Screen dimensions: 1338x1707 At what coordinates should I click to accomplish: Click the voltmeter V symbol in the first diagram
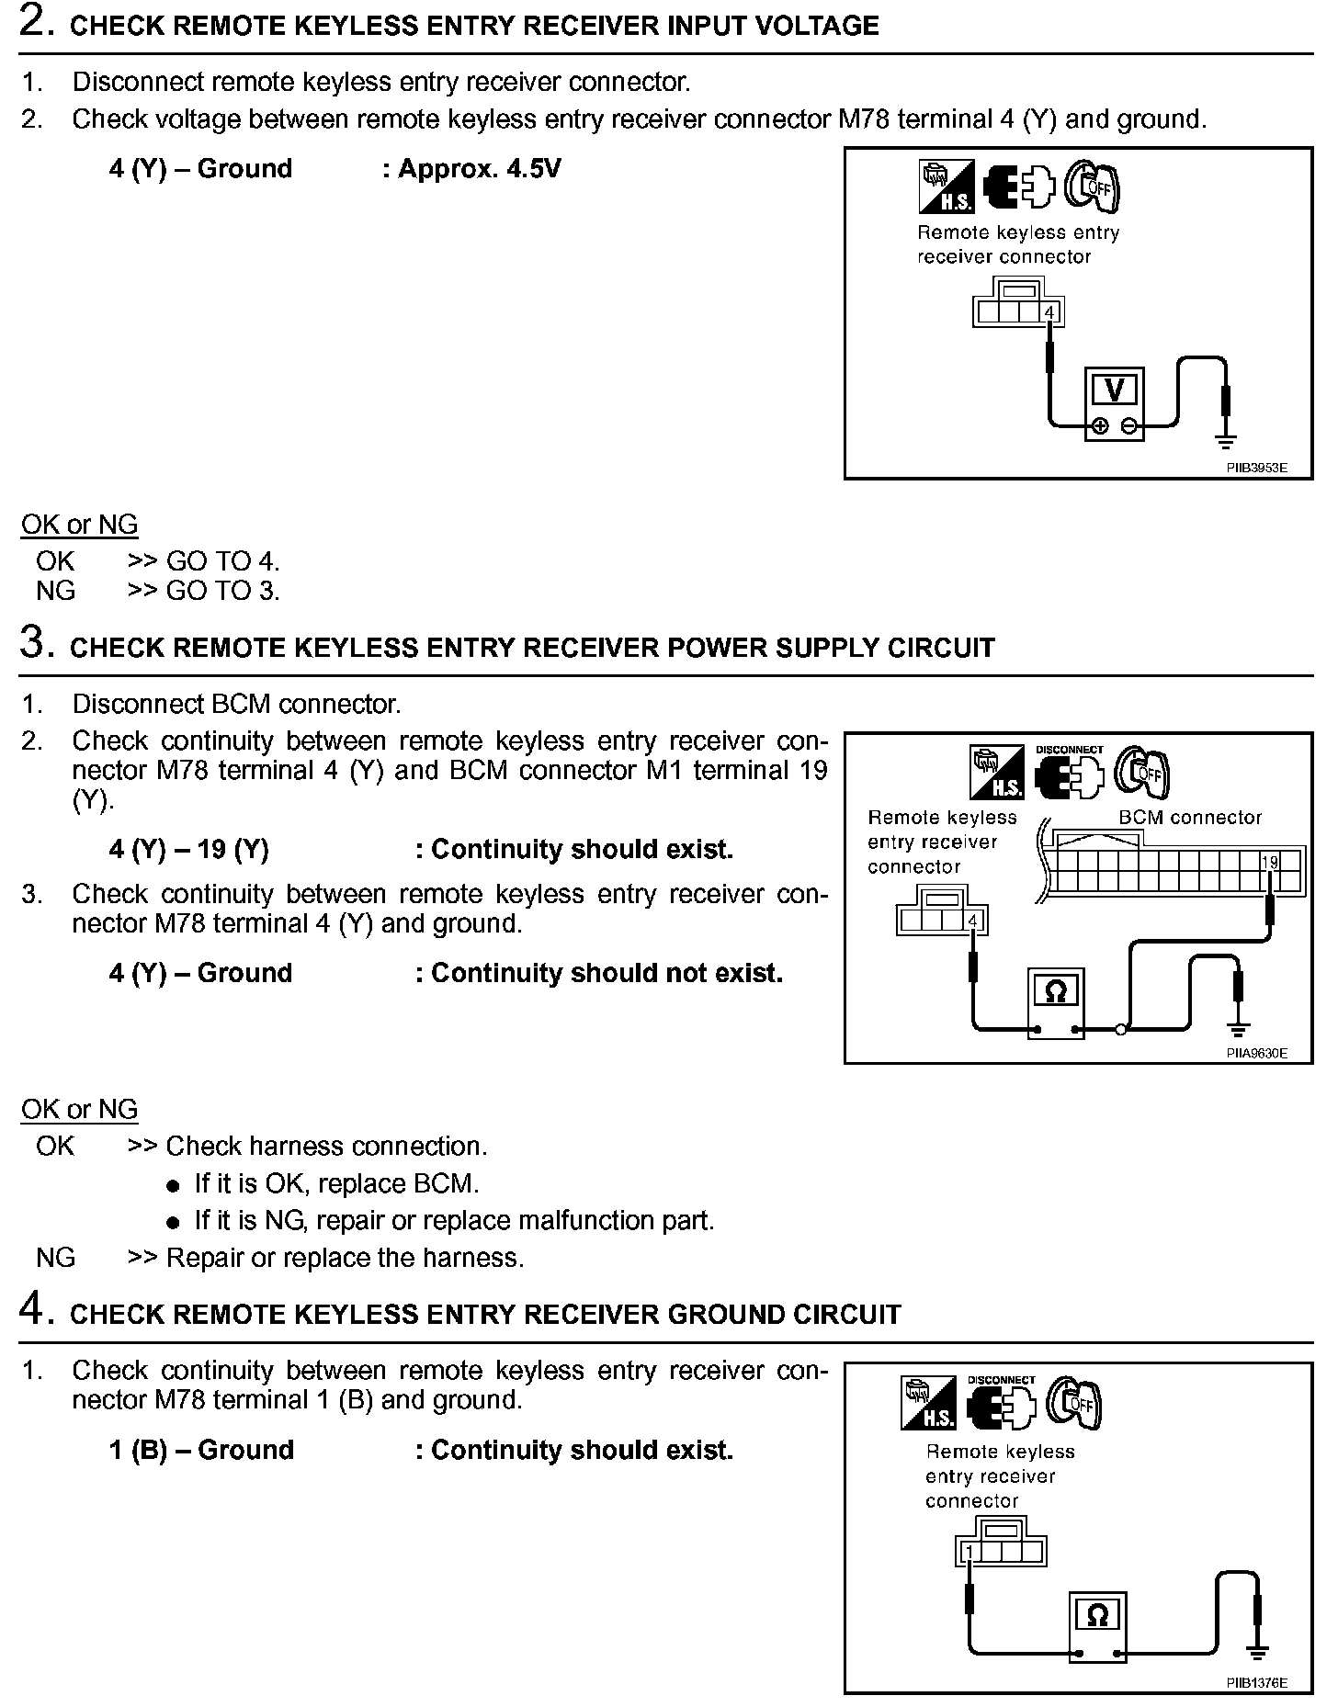point(1114,391)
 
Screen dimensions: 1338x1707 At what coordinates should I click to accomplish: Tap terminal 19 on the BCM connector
point(1269,862)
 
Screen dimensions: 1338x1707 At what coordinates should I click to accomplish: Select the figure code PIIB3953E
point(1256,468)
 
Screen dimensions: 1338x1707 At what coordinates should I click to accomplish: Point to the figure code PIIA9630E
point(1256,1053)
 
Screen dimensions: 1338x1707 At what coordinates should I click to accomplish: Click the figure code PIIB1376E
point(1256,1683)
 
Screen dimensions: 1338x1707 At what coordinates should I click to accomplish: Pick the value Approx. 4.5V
point(479,169)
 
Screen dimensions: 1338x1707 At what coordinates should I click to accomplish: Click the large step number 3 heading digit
point(32,643)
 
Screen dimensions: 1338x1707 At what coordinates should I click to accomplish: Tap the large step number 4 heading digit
point(32,1310)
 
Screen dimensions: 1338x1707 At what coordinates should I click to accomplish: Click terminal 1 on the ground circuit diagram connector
point(969,1552)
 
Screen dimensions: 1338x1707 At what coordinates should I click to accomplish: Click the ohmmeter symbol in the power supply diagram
point(1056,991)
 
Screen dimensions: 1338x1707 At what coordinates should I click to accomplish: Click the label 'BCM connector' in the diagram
point(1190,818)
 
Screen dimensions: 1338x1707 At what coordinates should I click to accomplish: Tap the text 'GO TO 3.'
point(222,591)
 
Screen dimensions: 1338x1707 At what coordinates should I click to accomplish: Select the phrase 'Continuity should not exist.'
point(607,973)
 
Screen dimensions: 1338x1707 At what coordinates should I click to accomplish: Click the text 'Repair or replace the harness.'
point(345,1258)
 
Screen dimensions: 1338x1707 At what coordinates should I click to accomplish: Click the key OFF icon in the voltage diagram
point(1092,187)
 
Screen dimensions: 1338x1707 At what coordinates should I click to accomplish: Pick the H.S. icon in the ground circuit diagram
point(929,1404)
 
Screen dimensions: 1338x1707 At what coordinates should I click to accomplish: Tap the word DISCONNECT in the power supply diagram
point(1069,750)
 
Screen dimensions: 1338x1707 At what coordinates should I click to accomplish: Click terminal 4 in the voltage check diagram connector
point(1049,313)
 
